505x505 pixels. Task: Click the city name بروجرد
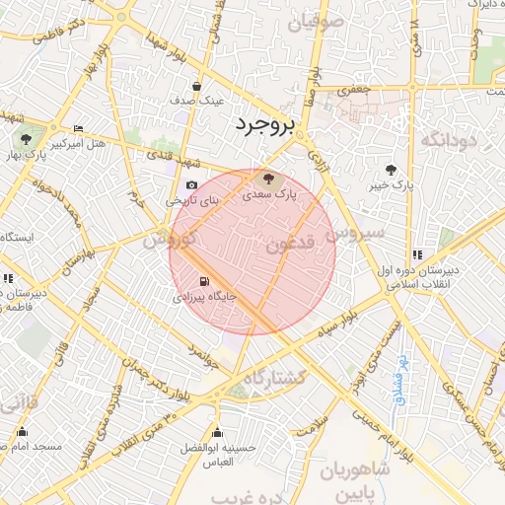pos(265,125)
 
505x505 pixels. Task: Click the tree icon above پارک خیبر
pos(392,169)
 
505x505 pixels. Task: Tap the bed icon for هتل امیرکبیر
pos(79,129)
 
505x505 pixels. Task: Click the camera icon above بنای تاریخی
pos(191,184)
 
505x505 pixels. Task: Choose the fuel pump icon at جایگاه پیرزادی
pos(204,280)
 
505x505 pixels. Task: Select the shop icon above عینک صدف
pos(197,86)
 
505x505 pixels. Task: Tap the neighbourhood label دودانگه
pos(448,141)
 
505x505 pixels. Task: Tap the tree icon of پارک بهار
pos(25,139)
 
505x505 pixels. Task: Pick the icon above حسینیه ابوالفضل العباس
pos(218,432)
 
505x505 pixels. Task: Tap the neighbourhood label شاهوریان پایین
pos(356,480)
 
